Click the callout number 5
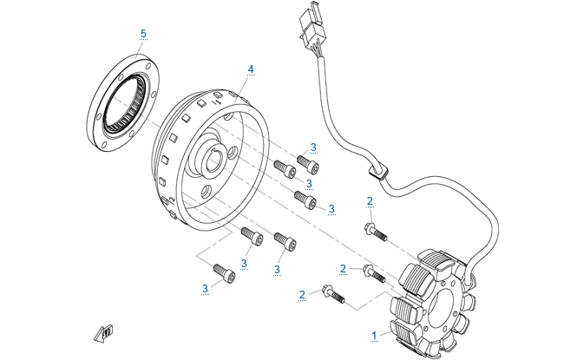tap(144, 34)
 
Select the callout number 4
tap(251, 68)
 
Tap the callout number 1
tap(374, 333)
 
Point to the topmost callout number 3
tap(313, 147)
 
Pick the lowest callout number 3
tap(206, 287)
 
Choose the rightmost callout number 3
tap(331, 208)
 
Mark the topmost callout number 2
tap(370, 201)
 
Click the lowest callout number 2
tap(303, 295)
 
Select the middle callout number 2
tap(343, 269)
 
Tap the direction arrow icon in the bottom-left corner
tap(105, 331)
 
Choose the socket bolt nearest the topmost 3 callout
tap(307, 162)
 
